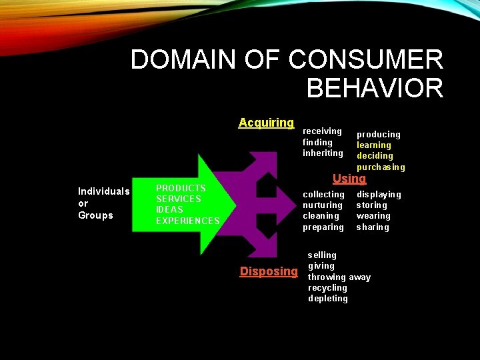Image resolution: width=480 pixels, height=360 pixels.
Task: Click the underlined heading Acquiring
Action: (266, 123)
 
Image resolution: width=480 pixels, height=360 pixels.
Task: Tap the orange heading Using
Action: (349, 179)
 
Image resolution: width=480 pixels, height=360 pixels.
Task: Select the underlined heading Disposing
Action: (269, 271)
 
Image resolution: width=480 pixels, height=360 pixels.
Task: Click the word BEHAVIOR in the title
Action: (375, 88)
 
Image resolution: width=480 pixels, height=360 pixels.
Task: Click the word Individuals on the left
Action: (103, 191)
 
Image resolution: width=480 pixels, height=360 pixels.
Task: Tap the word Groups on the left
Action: (95, 215)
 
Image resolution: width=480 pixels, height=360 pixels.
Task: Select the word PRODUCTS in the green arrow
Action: (181, 189)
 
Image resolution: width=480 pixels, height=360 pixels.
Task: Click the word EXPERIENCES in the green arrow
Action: (187, 221)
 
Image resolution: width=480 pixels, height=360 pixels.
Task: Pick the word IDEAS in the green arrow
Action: (169, 210)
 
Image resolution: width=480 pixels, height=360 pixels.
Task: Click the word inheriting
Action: (323, 153)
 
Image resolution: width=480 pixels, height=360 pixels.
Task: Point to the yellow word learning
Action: (374, 145)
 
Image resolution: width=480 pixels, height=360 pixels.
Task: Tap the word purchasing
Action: (381, 167)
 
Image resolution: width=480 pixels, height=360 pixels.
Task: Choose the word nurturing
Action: (323, 205)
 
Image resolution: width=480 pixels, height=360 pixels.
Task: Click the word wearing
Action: (373, 216)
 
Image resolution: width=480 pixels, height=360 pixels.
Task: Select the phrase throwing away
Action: (339, 277)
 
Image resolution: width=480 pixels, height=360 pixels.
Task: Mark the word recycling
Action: (327, 288)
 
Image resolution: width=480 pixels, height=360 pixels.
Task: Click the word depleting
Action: (328, 299)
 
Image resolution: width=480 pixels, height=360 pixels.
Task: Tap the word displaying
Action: (379, 195)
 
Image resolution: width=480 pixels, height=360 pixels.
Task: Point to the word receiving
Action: (322, 131)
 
